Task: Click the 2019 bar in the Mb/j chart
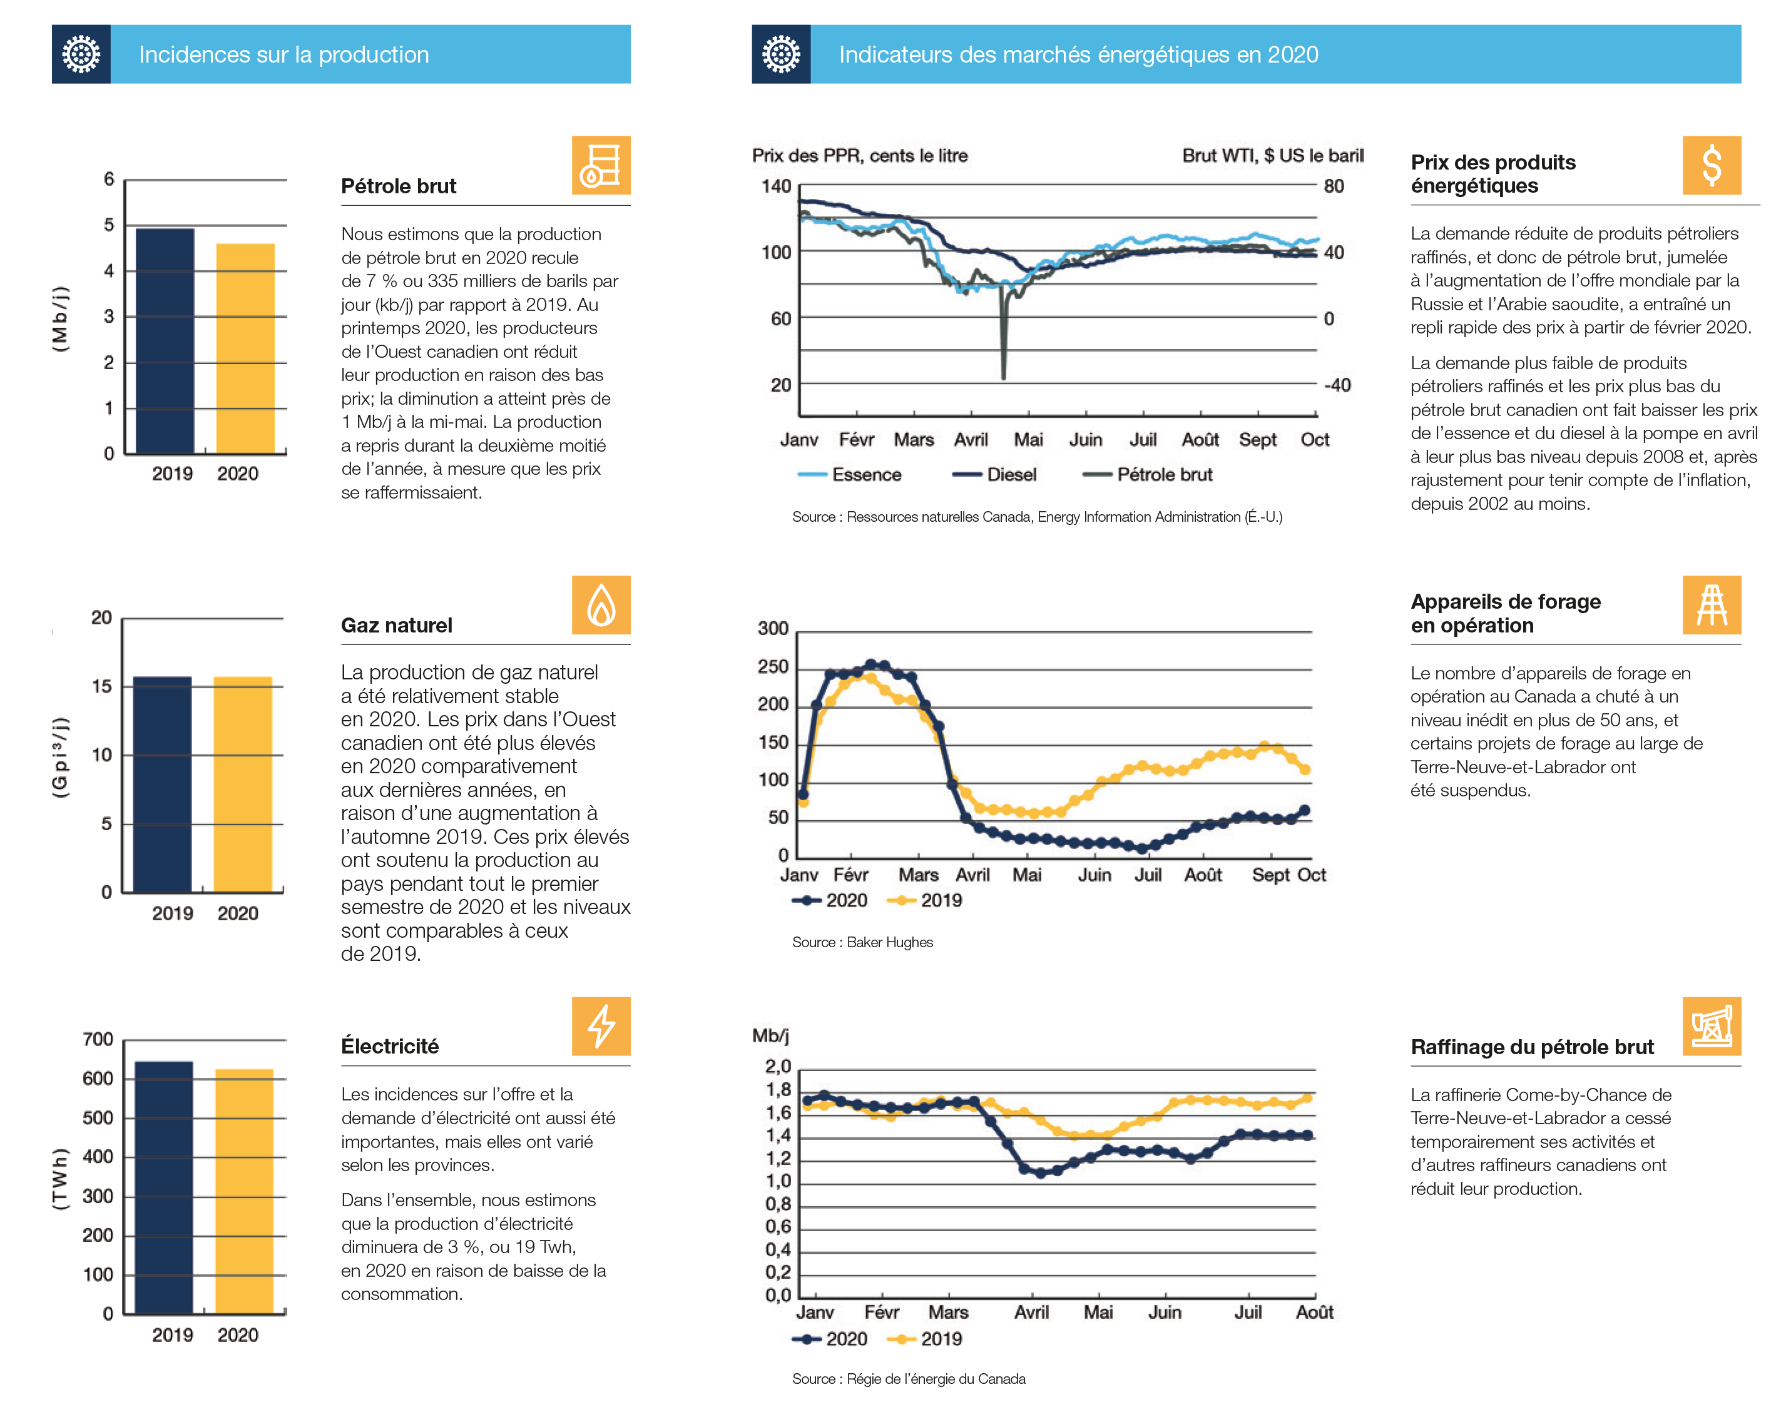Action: point(165,340)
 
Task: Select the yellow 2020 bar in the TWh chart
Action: point(244,1190)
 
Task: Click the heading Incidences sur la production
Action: point(283,54)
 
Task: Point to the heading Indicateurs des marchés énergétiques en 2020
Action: point(1078,54)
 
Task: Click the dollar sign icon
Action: point(1712,165)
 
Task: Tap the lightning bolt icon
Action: point(601,1026)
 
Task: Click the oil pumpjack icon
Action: point(1712,1026)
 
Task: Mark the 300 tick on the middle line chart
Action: point(772,628)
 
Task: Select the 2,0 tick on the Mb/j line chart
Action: point(777,1067)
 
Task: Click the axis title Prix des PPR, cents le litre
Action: point(859,155)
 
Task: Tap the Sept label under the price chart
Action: point(1257,440)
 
